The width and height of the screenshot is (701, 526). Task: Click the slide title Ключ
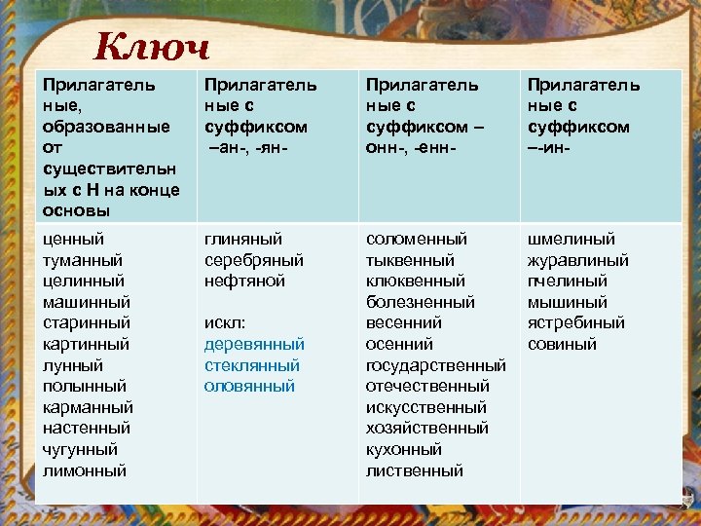point(151,46)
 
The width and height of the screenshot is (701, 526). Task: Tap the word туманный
point(83,260)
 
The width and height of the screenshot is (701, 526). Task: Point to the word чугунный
point(81,450)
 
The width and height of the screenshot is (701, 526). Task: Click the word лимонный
point(85,470)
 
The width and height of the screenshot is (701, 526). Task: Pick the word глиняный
point(243,239)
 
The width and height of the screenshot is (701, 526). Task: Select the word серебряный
point(254,260)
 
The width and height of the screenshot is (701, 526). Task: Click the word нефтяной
point(244,281)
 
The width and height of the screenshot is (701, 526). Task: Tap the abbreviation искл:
point(225,323)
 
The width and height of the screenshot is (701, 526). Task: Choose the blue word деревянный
point(254,344)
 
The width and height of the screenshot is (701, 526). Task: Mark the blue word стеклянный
point(252,365)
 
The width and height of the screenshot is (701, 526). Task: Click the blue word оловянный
point(249,387)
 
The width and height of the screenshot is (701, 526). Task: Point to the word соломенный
point(417,239)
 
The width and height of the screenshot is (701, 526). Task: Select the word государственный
point(436,365)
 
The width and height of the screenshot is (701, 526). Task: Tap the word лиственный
point(415,470)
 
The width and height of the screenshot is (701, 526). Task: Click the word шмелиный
point(572,239)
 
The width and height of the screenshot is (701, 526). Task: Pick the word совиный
point(563,344)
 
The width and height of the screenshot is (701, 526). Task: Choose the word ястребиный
point(576,323)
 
